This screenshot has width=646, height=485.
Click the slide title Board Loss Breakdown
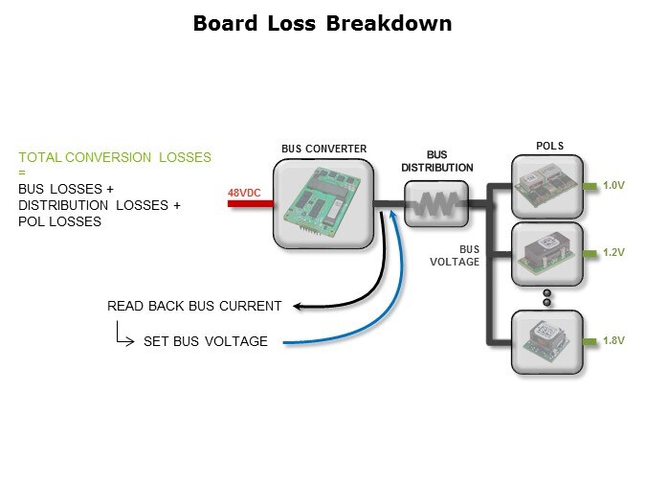[x=323, y=24]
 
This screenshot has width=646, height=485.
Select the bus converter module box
[x=323, y=204]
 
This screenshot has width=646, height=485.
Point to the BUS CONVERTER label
[x=323, y=149]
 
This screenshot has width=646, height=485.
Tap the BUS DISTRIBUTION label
[x=436, y=161]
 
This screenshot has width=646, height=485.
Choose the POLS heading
[x=549, y=147]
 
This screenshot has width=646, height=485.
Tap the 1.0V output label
[x=613, y=186]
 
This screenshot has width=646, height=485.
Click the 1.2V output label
[x=613, y=253]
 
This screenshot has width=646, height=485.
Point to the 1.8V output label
[x=613, y=341]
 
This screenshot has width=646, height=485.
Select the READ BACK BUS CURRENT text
[x=194, y=307]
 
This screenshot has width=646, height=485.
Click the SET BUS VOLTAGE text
[x=206, y=341]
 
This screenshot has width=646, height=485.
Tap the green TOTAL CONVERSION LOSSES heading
[x=115, y=157]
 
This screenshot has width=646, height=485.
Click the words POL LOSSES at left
[x=59, y=221]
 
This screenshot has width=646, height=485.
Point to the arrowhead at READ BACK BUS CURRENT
[x=295, y=307]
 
